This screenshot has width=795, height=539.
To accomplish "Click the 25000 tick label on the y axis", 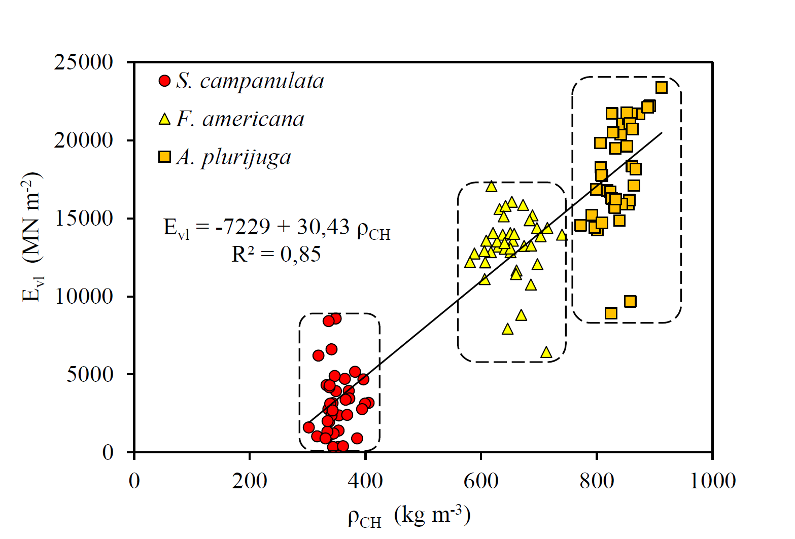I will pos(83,62).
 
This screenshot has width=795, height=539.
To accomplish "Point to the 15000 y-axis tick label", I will pos(83,219).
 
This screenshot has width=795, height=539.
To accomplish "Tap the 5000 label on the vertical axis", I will pos(90,375).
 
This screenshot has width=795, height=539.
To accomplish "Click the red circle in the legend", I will pos(164,81).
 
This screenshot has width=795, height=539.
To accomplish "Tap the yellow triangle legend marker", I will pos(164,120).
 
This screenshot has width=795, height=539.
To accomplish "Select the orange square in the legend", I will pos(164,157).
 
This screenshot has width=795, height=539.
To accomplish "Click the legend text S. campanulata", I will pos(250,81).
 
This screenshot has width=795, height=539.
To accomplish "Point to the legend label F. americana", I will pos(240,120).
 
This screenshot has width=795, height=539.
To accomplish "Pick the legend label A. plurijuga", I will pos(234,158).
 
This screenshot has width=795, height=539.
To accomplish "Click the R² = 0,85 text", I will pos(276,254).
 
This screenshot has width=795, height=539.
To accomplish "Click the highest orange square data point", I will pos(661,88).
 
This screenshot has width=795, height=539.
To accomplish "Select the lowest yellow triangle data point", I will pos(546,352).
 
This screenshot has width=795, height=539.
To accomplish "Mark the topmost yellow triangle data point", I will pos(491,187).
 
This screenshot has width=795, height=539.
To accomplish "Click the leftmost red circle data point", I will pos(308,427).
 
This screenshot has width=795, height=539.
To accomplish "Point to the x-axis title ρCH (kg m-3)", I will pos(409,516).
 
